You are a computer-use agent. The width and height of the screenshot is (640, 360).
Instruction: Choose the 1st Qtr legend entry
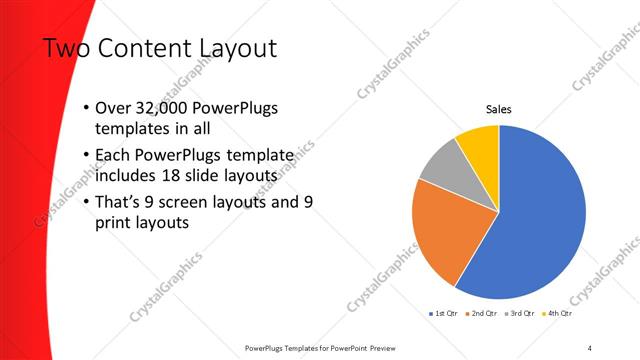(x=445, y=313)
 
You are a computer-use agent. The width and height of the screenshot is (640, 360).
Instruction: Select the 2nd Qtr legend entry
(x=483, y=313)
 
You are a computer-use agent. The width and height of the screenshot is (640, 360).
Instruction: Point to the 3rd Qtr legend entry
(x=521, y=313)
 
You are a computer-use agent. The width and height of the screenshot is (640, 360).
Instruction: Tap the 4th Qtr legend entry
(x=558, y=313)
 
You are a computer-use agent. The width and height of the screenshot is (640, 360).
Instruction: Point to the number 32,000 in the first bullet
(x=164, y=109)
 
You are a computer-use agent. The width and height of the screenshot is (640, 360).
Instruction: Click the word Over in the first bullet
(x=113, y=109)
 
